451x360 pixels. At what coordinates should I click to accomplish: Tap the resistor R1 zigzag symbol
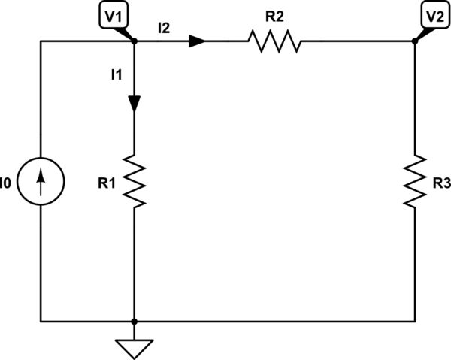click(134, 181)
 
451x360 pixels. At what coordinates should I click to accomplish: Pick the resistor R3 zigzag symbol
click(414, 181)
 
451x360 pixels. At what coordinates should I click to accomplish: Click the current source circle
click(41, 181)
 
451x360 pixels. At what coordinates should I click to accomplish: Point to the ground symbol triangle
click(134, 347)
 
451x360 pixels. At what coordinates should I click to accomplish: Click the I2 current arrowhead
click(197, 42)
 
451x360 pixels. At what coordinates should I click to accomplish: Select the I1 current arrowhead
click(134, 104)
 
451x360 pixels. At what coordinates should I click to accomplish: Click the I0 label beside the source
click(6, 181)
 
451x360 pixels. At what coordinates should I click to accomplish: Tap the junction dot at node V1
click(134, 42)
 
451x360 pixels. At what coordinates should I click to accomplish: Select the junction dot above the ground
click(134, 321)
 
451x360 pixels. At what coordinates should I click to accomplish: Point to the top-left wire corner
click(41, 42)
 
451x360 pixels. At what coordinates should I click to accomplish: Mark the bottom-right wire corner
click(414, 321)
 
